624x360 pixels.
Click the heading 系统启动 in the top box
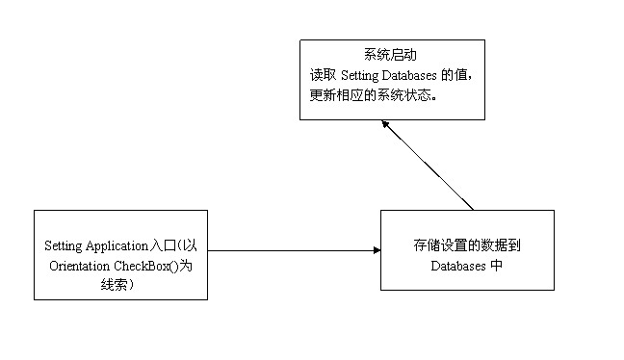pyautogui.click(x=391, y=55)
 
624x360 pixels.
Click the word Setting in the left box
pyautogui.click(x=64, y=246)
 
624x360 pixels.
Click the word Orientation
pyautogui.click(x=79, y=266)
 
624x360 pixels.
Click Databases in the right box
pyautogui.click(x=458, y=266)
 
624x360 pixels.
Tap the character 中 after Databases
pyautogui.click(x=496, y=266)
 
